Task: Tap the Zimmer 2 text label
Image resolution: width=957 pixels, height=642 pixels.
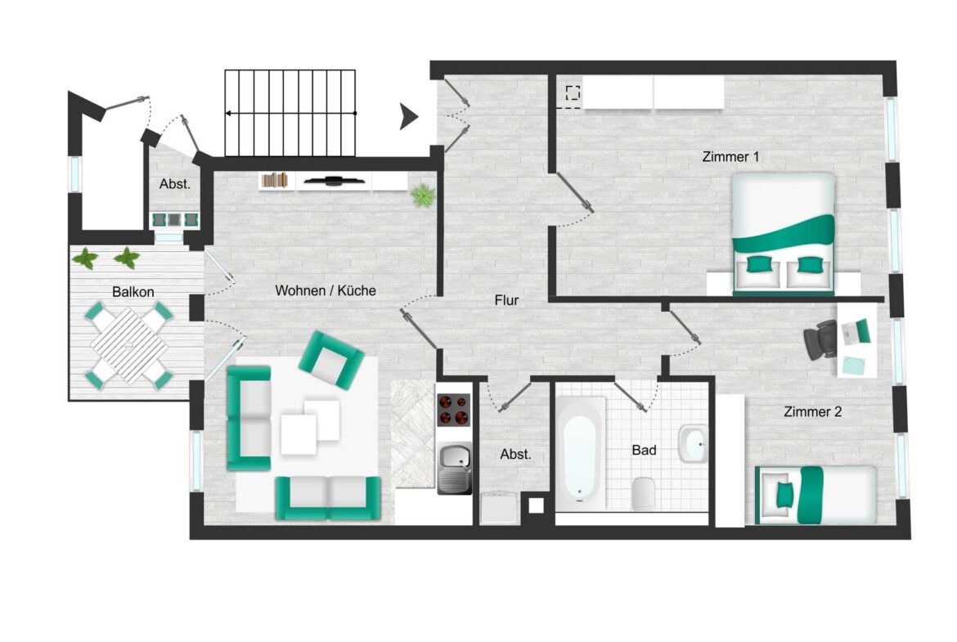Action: (x=812, y=412)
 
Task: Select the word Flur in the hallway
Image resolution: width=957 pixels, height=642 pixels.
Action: (x=506, y=300)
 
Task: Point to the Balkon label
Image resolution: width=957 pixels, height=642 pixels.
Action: (x=133, y=292)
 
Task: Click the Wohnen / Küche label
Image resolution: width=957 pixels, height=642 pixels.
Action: (x=326, y=290)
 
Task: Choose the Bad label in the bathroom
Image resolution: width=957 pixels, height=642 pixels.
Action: (x=644, y=450)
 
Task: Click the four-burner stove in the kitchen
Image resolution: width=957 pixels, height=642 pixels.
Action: (x=454, y=411)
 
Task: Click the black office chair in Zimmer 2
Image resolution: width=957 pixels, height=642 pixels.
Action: (x=820, y=339)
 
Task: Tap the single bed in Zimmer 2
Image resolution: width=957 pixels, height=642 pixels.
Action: (x=815, y=495)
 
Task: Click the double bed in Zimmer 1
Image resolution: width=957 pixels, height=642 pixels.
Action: (x=783, y=233)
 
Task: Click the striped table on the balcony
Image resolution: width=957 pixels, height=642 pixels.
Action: (x=128, y=347)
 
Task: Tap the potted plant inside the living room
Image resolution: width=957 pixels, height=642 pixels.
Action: (x=423, y=195)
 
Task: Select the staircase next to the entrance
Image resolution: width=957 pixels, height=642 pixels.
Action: (x=290, y=113)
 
